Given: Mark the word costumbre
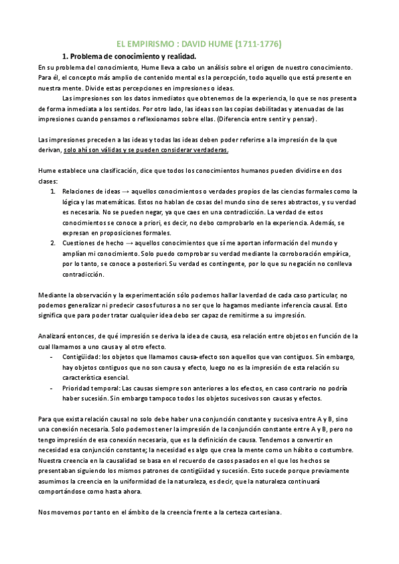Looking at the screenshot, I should coord(335,451).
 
